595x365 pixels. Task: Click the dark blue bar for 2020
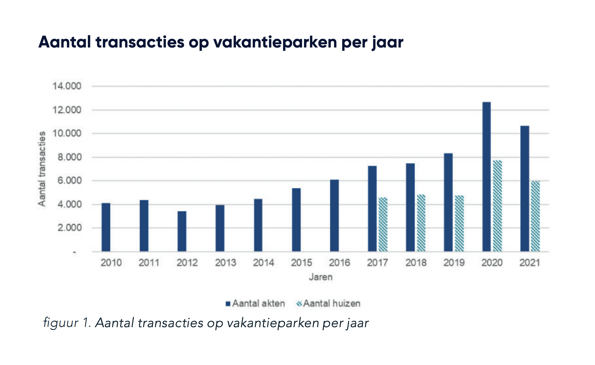pos(486,177)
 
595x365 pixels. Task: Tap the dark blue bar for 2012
pos(182,231)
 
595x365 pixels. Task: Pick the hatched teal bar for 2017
pos(383,224)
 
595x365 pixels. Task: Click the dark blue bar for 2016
pos(334,216)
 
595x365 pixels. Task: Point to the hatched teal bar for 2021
pos(535,216)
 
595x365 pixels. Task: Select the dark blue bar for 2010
pos(106,227)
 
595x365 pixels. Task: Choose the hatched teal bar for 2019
pos(459,223)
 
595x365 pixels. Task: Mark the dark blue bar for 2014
pos(258,225)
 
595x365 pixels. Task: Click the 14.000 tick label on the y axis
pos(67,86)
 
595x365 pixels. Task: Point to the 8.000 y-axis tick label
pos(69,157)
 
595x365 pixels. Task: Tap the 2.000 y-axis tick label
pos(69,227)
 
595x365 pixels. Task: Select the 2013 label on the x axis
pos(225,262)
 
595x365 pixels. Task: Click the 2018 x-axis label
pos(416,262)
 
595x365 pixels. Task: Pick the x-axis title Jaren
pos(320,277)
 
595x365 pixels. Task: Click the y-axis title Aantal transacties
pos(42,169)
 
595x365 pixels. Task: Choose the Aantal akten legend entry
pos(255,303)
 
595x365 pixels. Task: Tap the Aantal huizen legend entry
pos(328,303)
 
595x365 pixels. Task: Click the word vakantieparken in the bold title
pos(275,42)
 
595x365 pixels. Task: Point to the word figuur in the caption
pos(60,322)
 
